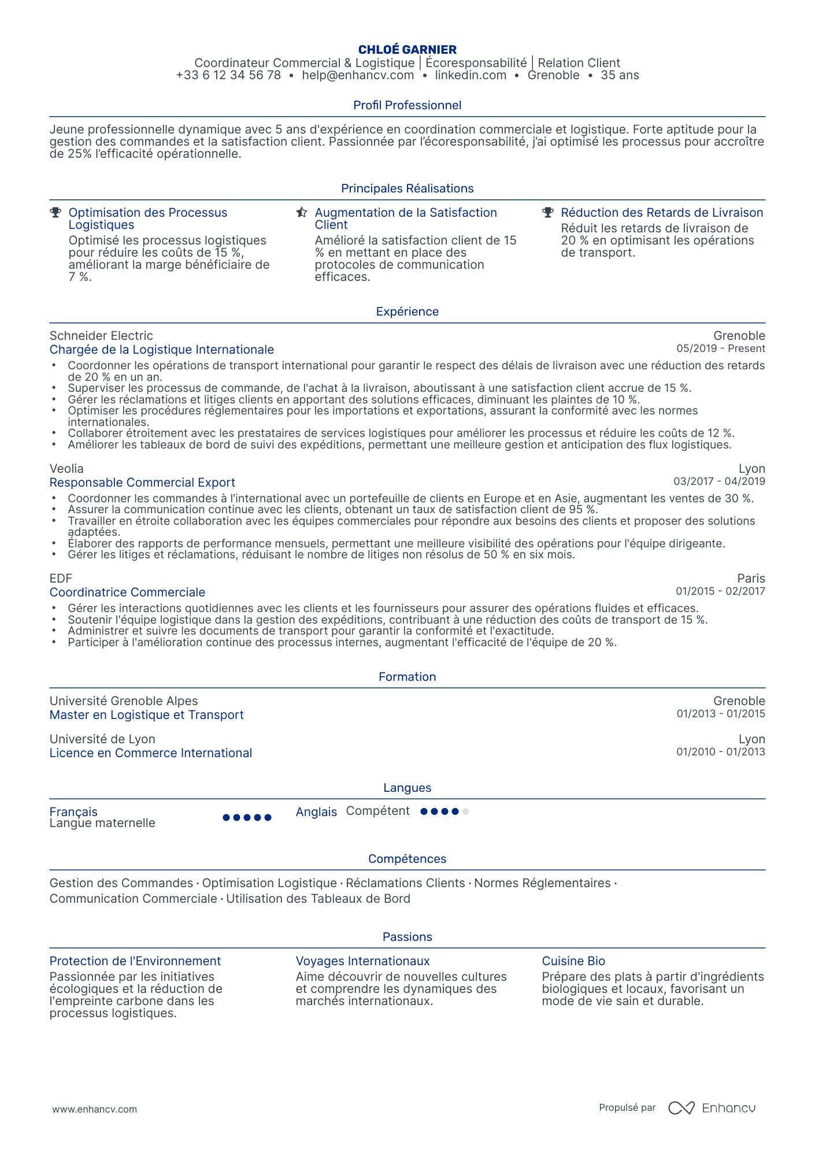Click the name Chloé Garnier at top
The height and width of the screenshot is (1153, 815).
(x=407, y=50)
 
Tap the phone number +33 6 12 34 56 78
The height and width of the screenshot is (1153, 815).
(x=228, y=76)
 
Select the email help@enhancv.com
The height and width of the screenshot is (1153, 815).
(x=358, y=76)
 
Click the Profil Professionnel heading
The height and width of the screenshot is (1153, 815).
(x=407, y=105)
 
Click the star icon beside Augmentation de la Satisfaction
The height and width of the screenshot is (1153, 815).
(x=301, y=213)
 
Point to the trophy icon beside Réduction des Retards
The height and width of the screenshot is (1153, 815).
(x=547, y=213)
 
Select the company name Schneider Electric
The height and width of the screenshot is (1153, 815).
(x=101, y=336)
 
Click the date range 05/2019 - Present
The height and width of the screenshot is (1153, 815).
(x=720, y=349)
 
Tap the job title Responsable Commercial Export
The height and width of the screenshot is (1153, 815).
(x=142, y=483)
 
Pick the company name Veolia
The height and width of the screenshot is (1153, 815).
(x=66, y=469)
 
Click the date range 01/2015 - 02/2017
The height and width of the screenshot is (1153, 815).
(x=720, y=591)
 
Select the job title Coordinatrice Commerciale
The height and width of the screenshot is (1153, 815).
(x=127, y=592)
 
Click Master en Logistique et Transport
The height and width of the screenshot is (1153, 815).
(x=146, y=715)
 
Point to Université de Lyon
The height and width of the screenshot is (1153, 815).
(x=102, y=739)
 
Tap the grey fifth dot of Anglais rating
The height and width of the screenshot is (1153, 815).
(x=466, y=811)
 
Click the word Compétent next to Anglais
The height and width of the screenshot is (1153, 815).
(x=377, y=811)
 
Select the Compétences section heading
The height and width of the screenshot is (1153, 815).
(x=407, y=859)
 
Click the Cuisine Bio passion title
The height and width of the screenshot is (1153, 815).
(x=573, y=961)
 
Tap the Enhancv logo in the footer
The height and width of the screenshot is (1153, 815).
(x=712, y=1108)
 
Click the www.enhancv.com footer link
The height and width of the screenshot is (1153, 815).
(x=95, y=1109)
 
